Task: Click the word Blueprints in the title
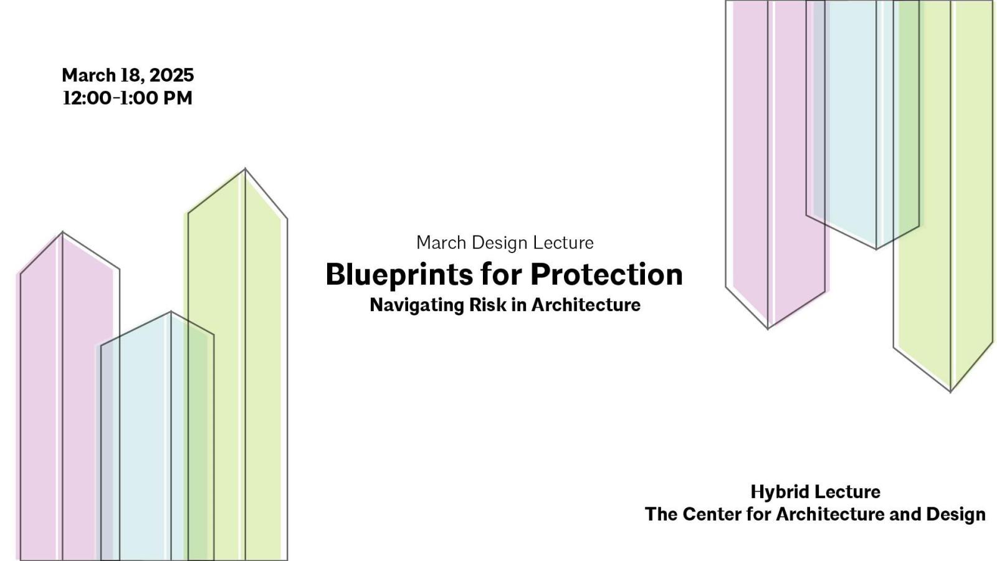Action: (x=398, y=275)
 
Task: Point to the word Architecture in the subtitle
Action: (x=586, y=305)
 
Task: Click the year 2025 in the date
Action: (x=171, y=75)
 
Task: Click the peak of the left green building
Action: (x=245, y=169)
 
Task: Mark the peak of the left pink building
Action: (x=62, y=233)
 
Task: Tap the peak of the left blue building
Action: (x=171, y=312)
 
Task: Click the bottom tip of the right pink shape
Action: (x=768, y=328)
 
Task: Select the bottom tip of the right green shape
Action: (x=950, y=391)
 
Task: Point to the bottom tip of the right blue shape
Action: (x=876, y=249)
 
